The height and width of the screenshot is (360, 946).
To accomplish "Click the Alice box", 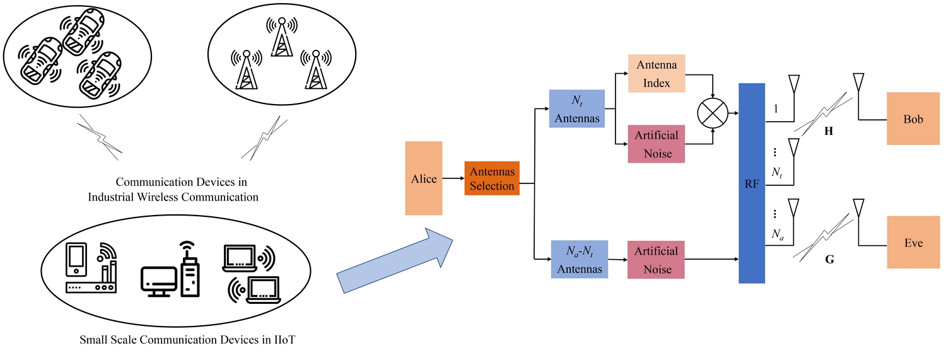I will click(424, 178).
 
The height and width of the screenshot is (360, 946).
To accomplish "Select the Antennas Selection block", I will click(492, 178).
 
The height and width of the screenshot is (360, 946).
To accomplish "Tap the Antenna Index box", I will click(657, 74).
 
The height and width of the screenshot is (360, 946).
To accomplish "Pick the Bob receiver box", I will click(913, 119).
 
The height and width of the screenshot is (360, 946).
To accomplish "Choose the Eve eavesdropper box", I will click(913, 242).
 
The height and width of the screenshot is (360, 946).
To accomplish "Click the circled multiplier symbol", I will click(713, 113).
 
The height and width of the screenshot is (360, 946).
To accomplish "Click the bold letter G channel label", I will click(829, 258).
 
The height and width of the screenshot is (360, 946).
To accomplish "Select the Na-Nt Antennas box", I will click(580, 259).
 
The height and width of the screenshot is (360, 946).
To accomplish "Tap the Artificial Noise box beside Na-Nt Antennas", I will click(657, 259).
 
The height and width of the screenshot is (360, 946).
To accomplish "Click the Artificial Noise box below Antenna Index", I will click(657, 144).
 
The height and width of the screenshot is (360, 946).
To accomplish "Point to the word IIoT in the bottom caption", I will click(283, 340).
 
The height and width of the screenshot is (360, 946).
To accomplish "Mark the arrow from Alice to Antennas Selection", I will click(453, 178).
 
